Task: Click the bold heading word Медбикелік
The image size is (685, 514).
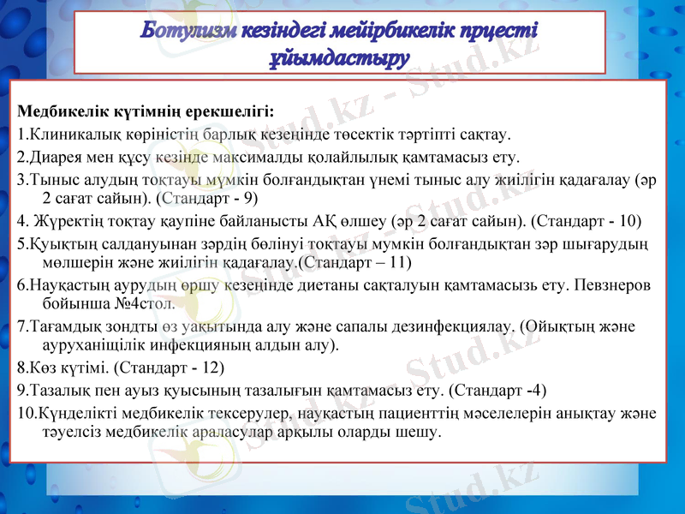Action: tap(56, 112)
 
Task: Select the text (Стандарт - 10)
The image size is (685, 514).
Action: tap(587, 220)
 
